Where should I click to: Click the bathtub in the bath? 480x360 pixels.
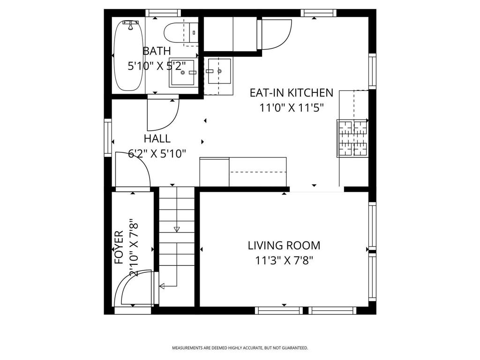(x=128, y=56)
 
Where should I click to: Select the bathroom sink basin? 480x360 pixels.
(x=183, y=73)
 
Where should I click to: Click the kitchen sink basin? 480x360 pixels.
(x=219, y=71)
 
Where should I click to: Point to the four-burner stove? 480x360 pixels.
(x=352, y=138)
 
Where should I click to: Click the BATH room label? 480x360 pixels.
(x=157, y=51)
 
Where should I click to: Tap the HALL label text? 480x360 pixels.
(x=157, y=139)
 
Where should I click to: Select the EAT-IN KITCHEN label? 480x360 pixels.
(x=292, y=93)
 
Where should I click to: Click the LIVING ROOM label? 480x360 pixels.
(x=284, y=246)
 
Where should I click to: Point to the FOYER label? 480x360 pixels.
(x=119, y=247)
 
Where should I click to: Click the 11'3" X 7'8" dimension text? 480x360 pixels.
(x=284, y=261)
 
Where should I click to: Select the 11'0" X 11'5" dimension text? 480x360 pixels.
(x=292, y=108)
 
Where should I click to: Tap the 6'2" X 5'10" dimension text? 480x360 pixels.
(x=157, y=153)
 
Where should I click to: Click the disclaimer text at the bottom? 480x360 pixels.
(x=240, y=348)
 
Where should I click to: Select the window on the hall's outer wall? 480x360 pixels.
(x=108, y=138)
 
